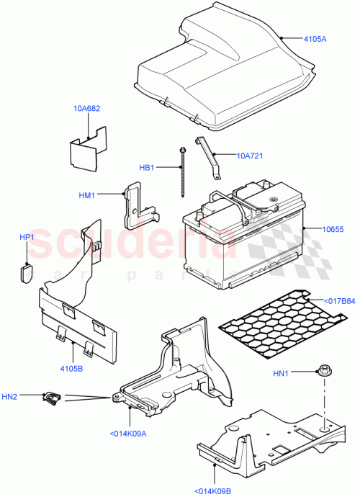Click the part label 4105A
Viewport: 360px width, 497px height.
(314, 39)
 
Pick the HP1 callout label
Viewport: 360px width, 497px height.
(27, 236)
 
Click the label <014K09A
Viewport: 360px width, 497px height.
(129, 433)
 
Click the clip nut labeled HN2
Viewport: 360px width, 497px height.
(52, 396)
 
